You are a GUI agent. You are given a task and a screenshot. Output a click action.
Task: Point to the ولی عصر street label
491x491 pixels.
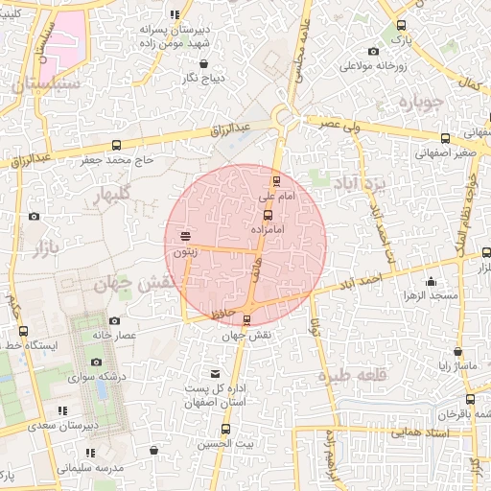[340, 124]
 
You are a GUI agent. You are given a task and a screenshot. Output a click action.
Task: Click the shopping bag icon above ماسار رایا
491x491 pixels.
[457, 351]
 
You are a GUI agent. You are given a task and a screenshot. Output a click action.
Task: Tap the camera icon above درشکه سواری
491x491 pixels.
[96, 362]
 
